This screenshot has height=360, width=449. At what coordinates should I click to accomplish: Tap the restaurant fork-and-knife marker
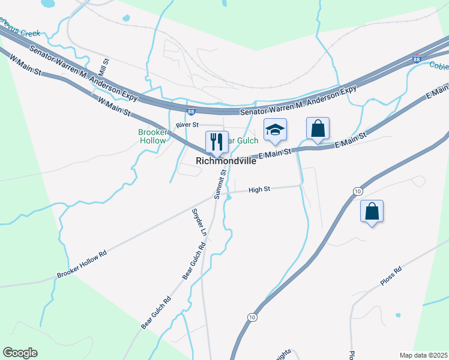coord(216,142)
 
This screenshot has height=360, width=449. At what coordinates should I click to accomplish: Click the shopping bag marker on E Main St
coord(318,128)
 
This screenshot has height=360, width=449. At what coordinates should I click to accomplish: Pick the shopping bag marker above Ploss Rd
coord(372,211)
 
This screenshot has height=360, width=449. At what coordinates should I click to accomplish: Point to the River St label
coord(187,125)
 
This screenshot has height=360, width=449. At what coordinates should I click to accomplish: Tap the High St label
coord(259,189)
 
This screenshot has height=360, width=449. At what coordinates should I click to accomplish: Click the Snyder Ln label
coord(198,222)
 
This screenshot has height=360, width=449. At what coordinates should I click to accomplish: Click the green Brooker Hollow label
coord(152,136)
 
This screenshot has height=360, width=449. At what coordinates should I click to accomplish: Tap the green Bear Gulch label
coord(246,140)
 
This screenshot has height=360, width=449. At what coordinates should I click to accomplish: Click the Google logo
coord(20,353)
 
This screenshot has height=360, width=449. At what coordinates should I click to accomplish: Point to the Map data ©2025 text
coord(423,355)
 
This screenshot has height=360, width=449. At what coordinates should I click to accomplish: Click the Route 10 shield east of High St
coord(357,191)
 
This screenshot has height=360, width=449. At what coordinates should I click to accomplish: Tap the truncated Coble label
coord(439,66)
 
